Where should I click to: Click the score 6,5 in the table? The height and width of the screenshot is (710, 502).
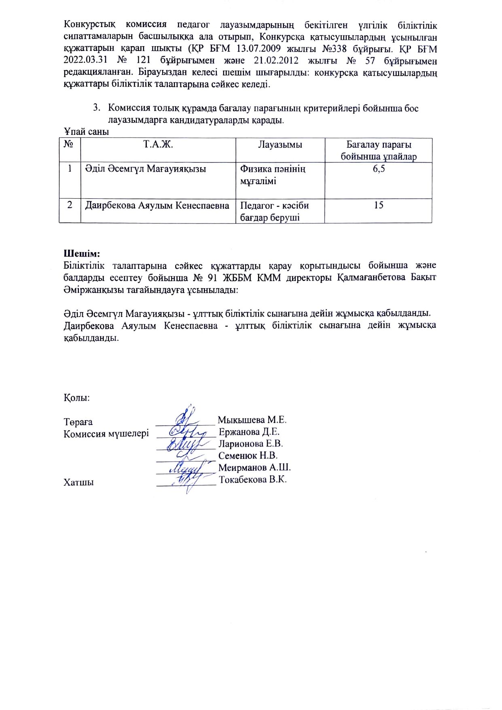[x=379, y=169]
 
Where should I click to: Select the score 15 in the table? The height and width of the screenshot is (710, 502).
[x=379, y=205]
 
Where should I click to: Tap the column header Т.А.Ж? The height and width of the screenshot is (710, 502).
[x=158, y=145]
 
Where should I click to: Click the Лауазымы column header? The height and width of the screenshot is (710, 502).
[x=280, y=145]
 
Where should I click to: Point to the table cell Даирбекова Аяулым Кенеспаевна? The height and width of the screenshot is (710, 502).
[x=157, y=205]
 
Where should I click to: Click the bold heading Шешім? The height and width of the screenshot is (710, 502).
[x=82, y=254]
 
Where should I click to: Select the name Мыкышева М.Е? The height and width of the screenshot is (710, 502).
[x=252, y=419]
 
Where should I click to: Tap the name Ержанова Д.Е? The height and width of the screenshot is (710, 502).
[x=249, y=432]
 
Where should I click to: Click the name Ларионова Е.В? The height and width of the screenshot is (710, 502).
[x=251, y=444]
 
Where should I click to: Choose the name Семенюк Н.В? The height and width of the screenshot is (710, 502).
[x=248, y=455]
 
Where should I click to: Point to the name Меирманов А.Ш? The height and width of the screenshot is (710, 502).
[x=255, y=468]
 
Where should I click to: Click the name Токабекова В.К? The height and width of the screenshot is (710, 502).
[x=253, y=480]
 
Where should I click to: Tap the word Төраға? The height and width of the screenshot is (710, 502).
[x=78, y=422]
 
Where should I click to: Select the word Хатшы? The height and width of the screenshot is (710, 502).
[x=78, y=483]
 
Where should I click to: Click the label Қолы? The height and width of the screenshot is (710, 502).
[x=76, y=398]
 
